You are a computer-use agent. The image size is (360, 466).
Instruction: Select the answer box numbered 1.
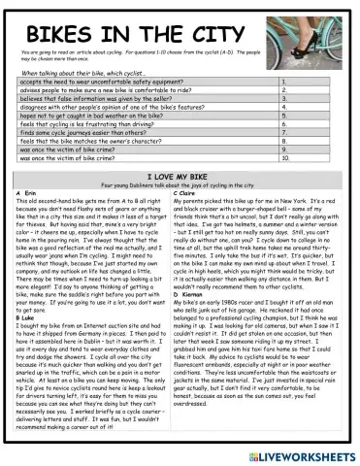click(314, 84)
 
